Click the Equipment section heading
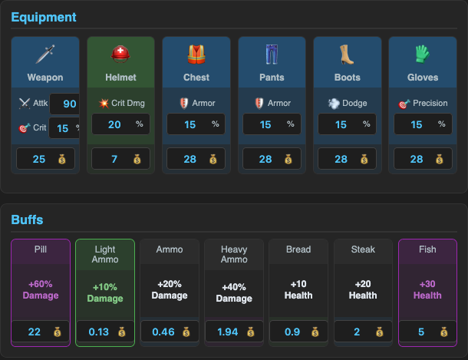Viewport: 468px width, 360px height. tap(44, 18)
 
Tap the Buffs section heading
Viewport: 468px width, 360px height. tap(27, 220)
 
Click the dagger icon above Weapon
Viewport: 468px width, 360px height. tap(45, 54)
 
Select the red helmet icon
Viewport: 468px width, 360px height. tap(120, 54)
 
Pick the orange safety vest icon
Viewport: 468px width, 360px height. tap(196, 54)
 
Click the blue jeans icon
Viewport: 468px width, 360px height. tap(272, 54)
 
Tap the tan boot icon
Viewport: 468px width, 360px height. tap(347, 54)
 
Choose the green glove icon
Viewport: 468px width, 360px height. tap(422, 54)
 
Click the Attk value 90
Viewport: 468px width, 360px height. tap(70, 104)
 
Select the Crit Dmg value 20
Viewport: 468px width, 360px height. tap(114, 124)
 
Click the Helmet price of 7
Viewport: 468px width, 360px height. tap(114, 159)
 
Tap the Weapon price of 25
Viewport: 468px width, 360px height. tap(39, 159)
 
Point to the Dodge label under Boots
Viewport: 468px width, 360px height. tap(354, 103)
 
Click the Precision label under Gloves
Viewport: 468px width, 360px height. tap(430, 103)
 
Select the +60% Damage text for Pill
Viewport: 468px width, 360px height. tap(41, 289)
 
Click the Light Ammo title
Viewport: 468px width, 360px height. tap(105, 254)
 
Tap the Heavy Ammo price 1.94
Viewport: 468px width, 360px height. tap(227, 332)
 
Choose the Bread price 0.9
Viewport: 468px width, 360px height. tap(292, 332)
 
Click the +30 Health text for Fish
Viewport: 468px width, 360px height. tap(427, 289)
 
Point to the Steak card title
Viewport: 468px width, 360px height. tap(363, 249)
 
